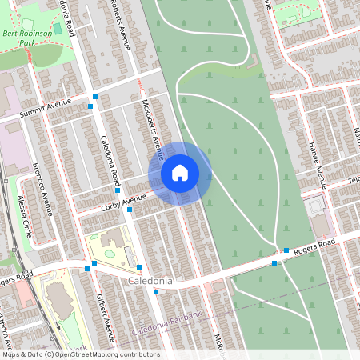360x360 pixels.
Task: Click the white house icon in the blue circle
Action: click(180, 173)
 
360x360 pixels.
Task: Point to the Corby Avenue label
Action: click(124, 200)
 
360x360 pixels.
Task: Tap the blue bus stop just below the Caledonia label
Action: click(155, 292)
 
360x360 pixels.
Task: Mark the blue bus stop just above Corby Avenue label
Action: click(118, 190)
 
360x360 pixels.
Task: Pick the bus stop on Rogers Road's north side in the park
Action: click(286, 250)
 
